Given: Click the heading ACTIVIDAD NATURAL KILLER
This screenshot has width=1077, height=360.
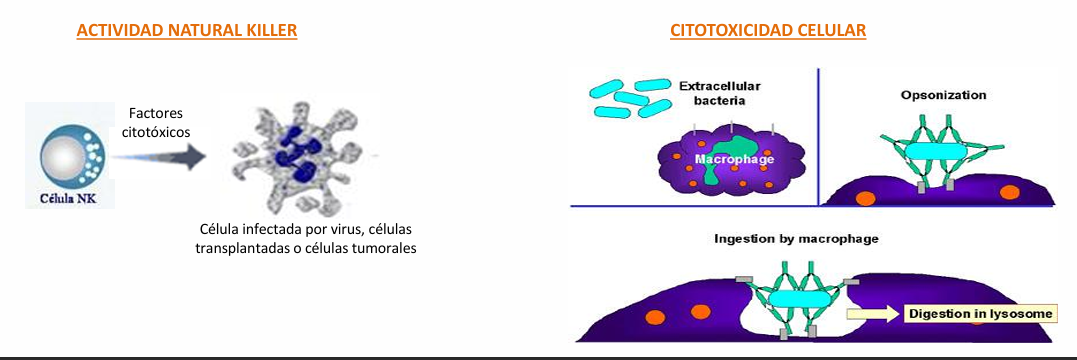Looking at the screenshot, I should [x=187, y=31].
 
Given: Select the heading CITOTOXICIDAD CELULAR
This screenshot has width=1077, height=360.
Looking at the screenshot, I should [x=768, y=31].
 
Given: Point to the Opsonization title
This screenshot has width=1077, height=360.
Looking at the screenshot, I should [x=943, y=95].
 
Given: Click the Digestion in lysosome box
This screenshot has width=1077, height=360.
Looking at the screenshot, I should [x=980, y=314].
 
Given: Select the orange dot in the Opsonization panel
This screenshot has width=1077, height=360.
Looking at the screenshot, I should [x=1006, y=191].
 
